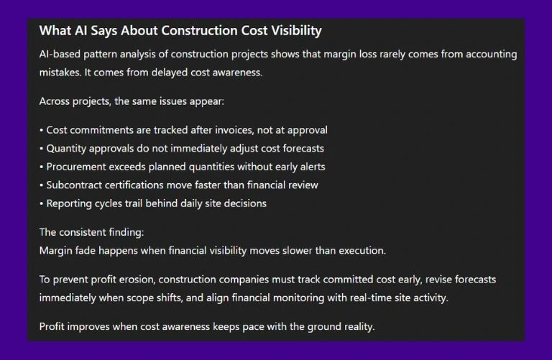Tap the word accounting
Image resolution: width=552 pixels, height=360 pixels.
tap(492, 54)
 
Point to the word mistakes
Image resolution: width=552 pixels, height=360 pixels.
tap(61, 73)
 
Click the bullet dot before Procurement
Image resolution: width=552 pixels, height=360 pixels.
tap(41, 167)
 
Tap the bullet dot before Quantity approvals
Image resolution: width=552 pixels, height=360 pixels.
tap(41, 149)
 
